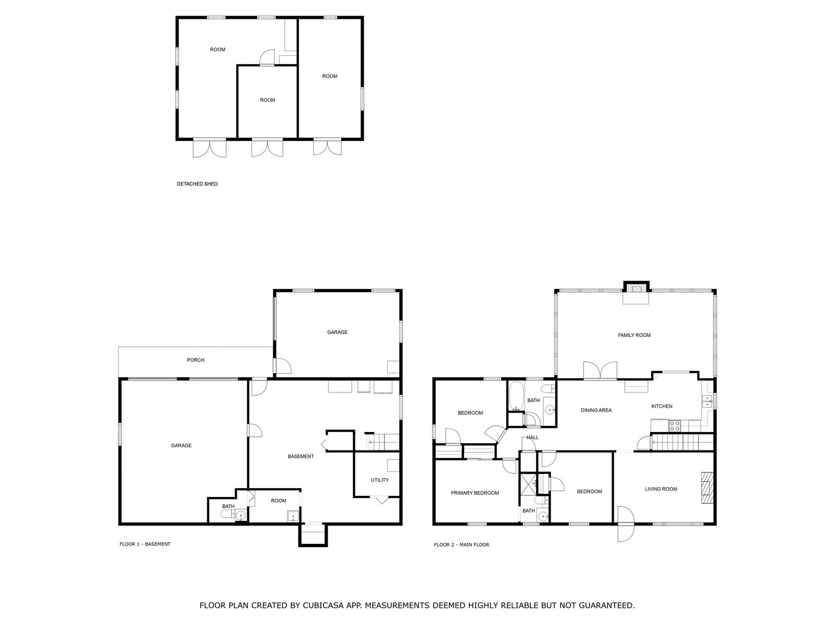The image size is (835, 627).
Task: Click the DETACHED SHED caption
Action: (x=197, y=184)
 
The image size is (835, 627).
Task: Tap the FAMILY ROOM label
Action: (x=634, y=335)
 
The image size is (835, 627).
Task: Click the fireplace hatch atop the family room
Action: (x=636, y=287)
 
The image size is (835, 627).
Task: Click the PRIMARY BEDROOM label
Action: (x=474, y=493)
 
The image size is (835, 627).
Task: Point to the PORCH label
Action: (x=196, y=360)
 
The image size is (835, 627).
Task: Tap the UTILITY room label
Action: (x=379, y=480)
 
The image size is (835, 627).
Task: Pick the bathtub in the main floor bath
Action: (x=517, y=397)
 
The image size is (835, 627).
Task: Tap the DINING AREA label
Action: (x=596, y=410)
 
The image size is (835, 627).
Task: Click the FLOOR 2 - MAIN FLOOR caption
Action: (x=461, y=544)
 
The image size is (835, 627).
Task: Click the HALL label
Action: (x=532, y=437)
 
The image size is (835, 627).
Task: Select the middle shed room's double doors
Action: (x=267, y=148)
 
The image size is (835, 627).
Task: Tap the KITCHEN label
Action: (x=661, y=406)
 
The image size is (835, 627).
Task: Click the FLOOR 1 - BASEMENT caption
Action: (x=145, y=544)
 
